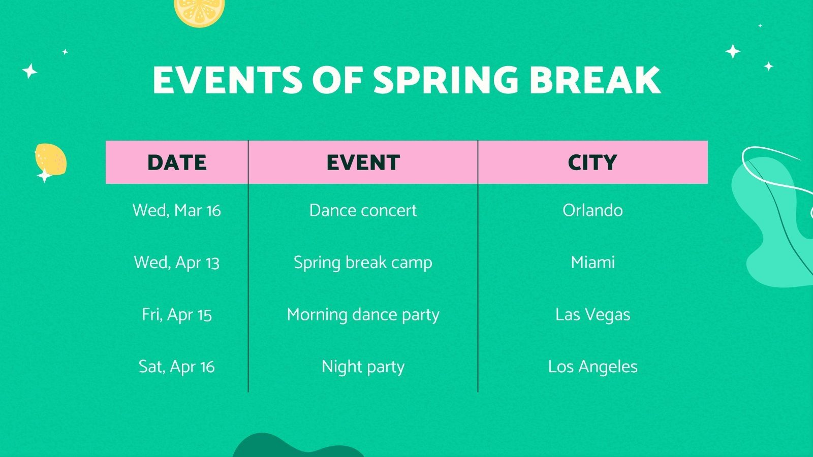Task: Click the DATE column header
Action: tap(177, 162)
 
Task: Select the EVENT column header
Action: tap(363, 162)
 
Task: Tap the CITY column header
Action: tap(592, 162)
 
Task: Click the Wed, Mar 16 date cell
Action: tap(177, 210)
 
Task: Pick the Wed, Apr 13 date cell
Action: tap(177, 263)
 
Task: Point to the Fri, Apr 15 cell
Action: tap(177, 315)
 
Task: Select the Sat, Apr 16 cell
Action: tap(177, 367)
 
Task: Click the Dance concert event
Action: tap(363, 210)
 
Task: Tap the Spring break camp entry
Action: tap(363, 263)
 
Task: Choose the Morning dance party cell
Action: tap(363, 315)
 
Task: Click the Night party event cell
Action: tap(363, 367)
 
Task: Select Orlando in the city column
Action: tap(592, 210)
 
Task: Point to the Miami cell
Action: tap(592, 263)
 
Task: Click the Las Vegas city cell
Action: tap(592, 315)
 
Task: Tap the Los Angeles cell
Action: tap(592, 367)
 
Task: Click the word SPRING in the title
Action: tap(446, 80)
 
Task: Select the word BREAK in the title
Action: tap(595, 80)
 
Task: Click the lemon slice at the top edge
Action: tap(199, 10)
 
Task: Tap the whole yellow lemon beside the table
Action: tap(51, 159)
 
